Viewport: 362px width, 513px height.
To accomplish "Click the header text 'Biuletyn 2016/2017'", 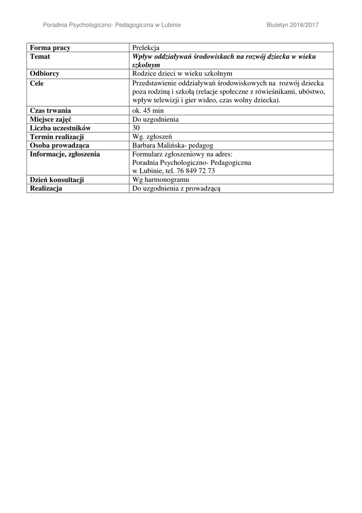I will click(292, 25).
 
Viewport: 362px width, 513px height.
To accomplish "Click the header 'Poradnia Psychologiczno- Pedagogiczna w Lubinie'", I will click(112, 25).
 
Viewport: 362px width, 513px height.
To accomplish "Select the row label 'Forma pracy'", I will click(50, 48).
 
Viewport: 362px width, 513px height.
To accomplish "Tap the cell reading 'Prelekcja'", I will click(145, 48).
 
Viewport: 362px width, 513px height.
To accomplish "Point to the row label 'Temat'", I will click(40, 57).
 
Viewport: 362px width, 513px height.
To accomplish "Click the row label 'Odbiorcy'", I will click(44, 74).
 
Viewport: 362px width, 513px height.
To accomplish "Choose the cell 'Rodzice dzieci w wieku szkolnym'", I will click(182, 74).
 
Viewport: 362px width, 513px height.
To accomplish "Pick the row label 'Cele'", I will click(36, 83).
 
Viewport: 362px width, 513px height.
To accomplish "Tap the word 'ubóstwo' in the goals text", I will click(312, 92).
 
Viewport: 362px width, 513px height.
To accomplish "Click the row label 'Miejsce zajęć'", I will click(51, 119).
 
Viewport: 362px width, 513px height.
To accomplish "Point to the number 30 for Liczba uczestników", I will click(136, 128).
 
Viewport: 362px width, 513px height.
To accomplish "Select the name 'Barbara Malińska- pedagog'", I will click(172, 145).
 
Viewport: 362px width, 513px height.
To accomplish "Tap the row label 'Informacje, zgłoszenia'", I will click(64, 154).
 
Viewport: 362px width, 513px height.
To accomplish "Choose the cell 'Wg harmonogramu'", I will click(160, 180).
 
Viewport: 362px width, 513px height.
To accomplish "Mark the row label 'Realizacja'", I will click(46, 188).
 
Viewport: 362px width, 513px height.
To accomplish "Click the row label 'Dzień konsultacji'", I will click(56, 180).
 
